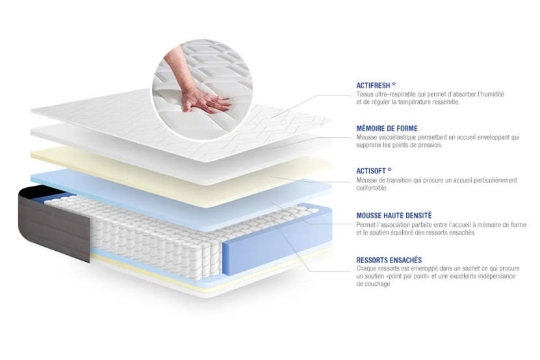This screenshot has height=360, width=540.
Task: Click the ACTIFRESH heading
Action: point(376,85)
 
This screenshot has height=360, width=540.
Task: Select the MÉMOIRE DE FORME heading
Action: point(387,129)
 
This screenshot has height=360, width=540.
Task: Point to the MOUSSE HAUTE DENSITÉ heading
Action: point(394,215)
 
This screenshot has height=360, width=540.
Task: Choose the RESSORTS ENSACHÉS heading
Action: point(389,260)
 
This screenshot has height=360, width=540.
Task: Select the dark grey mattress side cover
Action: point(58,224)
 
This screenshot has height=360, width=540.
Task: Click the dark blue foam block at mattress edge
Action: point(244,250)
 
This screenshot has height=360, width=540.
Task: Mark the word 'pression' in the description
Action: point(429,145)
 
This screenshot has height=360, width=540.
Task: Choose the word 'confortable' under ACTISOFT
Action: point(372,188)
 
